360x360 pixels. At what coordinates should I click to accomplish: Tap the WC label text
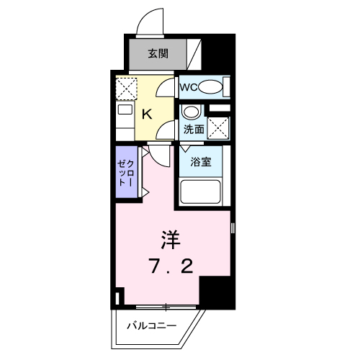click(x=188, y=87)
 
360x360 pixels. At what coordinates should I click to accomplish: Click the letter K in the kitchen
click(x=145, y=113)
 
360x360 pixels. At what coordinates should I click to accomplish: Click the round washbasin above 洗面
click(x=190, y=112)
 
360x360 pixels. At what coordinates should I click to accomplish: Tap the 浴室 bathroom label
click(x=200, y=161)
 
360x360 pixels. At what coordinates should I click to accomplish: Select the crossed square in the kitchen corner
click(x=125, y=88)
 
